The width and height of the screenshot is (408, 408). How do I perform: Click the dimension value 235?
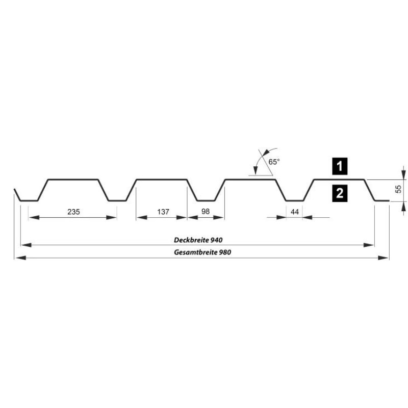point(73,212)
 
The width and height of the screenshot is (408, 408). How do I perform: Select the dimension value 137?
point(163,212)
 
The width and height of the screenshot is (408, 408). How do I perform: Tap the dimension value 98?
point(206,211)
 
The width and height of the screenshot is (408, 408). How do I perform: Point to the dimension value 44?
point(295,212)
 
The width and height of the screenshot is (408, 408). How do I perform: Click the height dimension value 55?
point(398,189)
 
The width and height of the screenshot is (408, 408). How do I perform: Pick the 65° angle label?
point(274,162)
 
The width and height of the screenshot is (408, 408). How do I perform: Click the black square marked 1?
point(340,166)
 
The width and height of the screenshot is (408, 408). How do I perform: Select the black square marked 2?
point(340,193)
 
